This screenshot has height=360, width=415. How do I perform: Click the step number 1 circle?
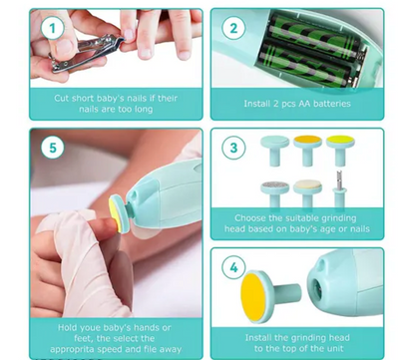[53, 28]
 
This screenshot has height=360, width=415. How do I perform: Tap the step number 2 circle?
[233, 28]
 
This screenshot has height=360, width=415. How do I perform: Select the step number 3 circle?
[233, 148]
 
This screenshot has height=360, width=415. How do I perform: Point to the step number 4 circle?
[233, 267]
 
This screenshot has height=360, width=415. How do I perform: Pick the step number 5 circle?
[53, 148]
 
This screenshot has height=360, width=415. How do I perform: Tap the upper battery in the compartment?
[314, 36]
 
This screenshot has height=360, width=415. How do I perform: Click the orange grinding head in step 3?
[307, 150]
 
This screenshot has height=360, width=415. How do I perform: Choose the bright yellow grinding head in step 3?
[340, 150]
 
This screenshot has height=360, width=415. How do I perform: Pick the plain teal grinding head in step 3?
[275, 150]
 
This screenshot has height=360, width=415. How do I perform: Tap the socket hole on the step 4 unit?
[317, 289]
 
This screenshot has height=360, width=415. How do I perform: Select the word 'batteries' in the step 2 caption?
[332, 104]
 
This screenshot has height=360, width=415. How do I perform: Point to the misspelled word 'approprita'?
[70, 350]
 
